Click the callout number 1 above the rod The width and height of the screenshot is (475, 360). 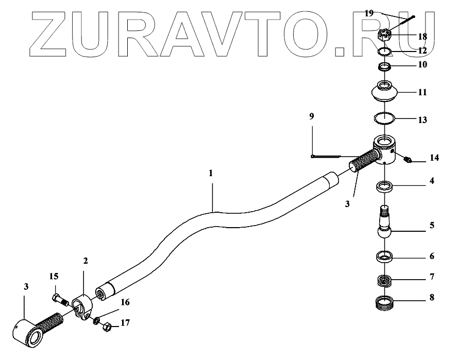pyautogui.click(x=211, y=174)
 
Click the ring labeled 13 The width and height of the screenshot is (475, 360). pyautogui.click(x=383, y=118)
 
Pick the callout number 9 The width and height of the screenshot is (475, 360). pyautogui.click(x=312, y=117)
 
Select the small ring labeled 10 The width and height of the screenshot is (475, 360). pyautogui.click(x=383, y=66)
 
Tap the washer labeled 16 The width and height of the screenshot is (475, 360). pyautogui.click(x=96, y=321)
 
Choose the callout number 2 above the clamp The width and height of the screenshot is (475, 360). pyautogui.click(x=86, y=261)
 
